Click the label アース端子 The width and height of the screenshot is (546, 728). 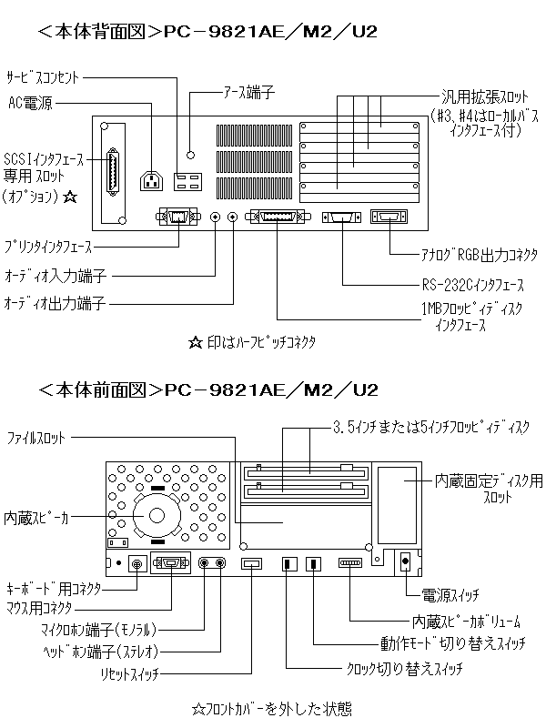[248, 92]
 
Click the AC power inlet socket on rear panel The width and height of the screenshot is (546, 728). [152, 180]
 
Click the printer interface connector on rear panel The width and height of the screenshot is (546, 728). [176, 218]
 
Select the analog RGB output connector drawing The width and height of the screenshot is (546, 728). [389, 218]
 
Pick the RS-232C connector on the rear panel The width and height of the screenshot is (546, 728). [342, 218]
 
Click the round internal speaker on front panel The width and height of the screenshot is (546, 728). [157, 515]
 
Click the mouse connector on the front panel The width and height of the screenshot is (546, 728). [172, 564]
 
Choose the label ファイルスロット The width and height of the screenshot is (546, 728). [36, 439]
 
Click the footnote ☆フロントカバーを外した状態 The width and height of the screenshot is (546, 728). [273, 707]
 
